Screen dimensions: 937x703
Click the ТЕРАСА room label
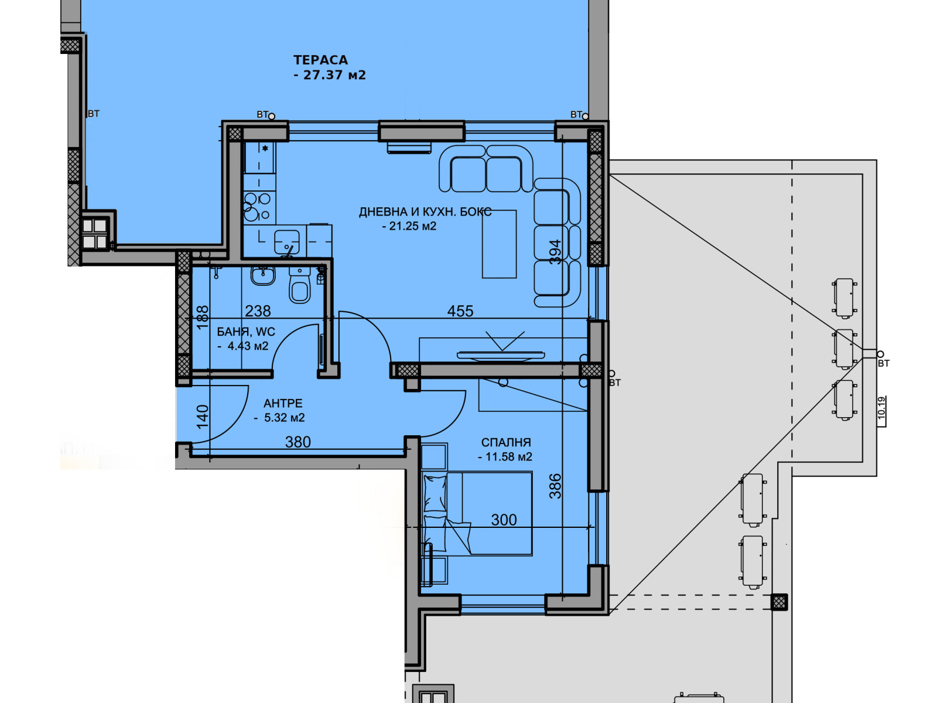(320, 60)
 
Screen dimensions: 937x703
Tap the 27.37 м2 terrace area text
(334, 75)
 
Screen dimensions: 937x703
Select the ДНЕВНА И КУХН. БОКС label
(425, 211)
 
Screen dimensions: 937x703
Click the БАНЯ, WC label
(246, 332)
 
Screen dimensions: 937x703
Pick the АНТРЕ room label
(283, 404)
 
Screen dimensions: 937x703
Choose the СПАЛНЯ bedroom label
(506, 442)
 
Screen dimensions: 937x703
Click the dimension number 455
(460, 310)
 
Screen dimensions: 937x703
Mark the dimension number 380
(298, 442)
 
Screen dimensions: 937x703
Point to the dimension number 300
(504, 520)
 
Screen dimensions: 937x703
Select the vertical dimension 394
(555, 252)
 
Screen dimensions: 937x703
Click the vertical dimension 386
(555, 486)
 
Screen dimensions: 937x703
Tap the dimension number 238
(258, 310)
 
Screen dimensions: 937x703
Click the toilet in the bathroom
(300, 285)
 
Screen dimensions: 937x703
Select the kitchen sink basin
(287, 242)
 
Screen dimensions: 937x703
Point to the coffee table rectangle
(500, 244)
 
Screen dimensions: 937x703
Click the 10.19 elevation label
(882, 408)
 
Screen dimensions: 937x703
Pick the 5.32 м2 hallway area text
(284, 418)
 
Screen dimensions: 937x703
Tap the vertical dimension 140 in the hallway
(203, 416)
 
